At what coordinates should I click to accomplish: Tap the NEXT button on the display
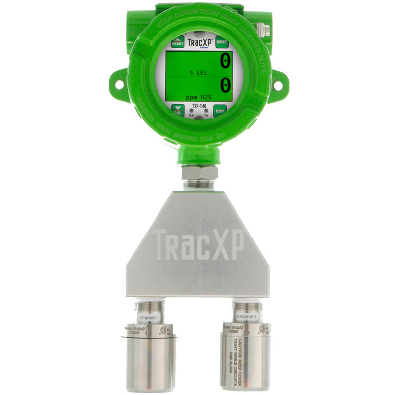click(222, 42)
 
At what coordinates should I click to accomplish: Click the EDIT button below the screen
click(220, 112)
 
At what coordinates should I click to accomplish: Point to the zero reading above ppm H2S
click(225, 85)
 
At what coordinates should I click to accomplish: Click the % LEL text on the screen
click(198, 73)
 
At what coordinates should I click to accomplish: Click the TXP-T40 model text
click(198, 105)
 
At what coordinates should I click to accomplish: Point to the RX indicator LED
click(191, 111)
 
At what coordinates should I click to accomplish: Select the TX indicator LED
click(207, 111)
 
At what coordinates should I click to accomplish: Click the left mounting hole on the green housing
click(119, 84)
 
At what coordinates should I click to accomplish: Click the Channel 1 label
click(149, 318)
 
